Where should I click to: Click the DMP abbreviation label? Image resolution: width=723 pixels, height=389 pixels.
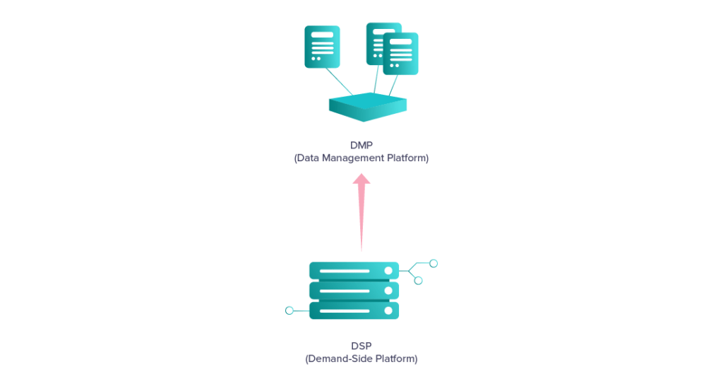coord(361,145)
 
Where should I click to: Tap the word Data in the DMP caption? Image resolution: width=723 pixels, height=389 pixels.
coord(309,158)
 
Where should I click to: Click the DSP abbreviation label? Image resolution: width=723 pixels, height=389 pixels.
coord(361,346)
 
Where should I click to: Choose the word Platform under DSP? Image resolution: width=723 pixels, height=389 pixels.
coord(397,359)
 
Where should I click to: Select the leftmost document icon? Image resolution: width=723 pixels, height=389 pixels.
coord(322,47)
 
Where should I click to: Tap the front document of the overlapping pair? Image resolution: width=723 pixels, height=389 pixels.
coord(400,54)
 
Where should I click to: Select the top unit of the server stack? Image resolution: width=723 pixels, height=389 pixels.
coord(354,271)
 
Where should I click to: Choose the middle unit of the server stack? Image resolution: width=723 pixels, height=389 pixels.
coord(354,291)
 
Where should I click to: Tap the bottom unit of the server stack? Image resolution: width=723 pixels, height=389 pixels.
coord(354,310)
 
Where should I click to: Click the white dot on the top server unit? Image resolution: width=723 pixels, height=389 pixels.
coord(388,271)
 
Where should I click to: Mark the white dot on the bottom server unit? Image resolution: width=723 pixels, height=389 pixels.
coord(388,310)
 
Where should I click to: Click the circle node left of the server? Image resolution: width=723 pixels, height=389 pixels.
coord(289,310)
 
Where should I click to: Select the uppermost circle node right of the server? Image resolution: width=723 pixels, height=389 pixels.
coord(434,263)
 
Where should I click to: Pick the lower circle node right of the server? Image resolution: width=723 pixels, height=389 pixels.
coord(418,281)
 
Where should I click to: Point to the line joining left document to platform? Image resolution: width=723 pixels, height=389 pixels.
coord(340,82)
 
